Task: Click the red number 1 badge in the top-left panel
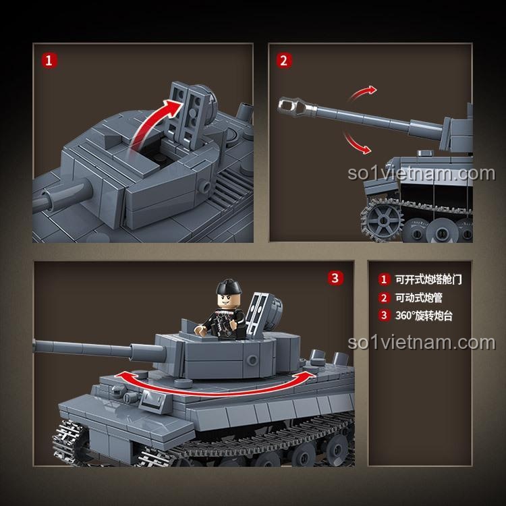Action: tap(49, 61)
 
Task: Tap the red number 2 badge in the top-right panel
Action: tap(283, 61)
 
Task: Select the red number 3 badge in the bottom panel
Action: tap(335, 278)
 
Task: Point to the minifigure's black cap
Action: tap(229, 287)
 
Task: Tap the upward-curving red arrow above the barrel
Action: tap(363, 92)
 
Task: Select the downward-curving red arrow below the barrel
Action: tap(357, 142)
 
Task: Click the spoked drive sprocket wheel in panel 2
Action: tap(382, 221)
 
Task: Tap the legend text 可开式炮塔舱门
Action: tap(428, 279)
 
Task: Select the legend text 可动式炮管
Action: tap(419, 298)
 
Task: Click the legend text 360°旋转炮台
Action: tap(424, 315)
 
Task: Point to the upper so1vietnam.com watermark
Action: tap(421, 173)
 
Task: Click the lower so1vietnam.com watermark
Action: tap(421, 342)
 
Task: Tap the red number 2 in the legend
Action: tap(384, 298)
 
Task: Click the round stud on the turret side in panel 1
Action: tap(204, 186)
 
